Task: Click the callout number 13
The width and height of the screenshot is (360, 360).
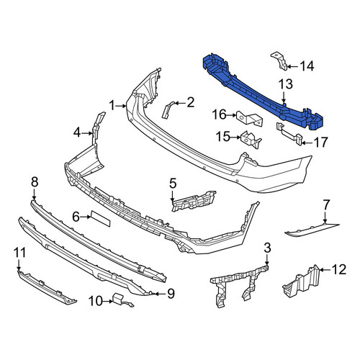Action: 286,84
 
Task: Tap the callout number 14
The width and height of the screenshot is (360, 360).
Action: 307,66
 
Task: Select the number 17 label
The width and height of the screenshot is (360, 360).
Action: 320,143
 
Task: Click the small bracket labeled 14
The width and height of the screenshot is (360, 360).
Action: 279,61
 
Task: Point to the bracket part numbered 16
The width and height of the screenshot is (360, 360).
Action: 250,118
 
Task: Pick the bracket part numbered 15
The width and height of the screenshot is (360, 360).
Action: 251,140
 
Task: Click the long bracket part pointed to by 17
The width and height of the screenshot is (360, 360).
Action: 289,134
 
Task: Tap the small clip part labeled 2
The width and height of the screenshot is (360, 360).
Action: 168,109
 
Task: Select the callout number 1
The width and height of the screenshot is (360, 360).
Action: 112,105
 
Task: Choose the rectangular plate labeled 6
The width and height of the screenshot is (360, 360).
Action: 100,218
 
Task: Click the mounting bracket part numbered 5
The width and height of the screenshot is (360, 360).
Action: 194,201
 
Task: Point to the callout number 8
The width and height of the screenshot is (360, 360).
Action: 35,182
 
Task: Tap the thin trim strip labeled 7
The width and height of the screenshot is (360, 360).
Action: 312,229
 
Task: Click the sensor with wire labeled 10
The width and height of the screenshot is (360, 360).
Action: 121,300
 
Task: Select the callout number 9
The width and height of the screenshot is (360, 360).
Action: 171,294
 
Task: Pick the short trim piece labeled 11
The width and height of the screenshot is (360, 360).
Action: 47,287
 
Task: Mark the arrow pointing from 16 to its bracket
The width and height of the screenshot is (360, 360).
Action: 231,115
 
